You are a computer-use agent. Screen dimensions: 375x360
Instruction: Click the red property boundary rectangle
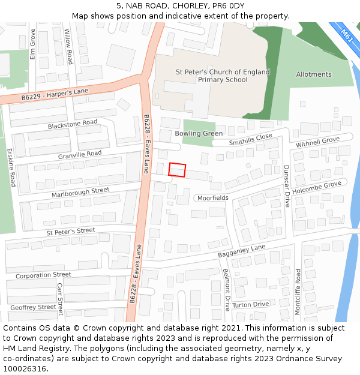(177, 170)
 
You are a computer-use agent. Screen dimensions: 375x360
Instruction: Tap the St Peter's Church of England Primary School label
(223, 76)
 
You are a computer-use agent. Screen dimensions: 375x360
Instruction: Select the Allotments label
(313, 74)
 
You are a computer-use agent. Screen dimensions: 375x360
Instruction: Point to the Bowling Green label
(199, 133)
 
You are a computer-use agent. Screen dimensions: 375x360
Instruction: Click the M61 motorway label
(347, 34)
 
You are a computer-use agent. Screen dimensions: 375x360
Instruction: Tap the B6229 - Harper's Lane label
(55, 94)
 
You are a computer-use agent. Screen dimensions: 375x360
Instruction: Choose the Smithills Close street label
(250, 140)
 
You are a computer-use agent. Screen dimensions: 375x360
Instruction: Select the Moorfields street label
(212, 197)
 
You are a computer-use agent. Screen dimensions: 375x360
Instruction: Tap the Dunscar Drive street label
(286, 186)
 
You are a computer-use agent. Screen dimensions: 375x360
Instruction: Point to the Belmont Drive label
(227, 289)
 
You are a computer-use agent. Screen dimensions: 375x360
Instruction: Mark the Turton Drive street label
(251, 305)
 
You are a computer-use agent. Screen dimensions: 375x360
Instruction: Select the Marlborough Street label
(80, 192)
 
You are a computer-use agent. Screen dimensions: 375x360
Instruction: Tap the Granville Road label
(80, 154)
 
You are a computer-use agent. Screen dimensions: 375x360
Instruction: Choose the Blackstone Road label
(73, 124)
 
